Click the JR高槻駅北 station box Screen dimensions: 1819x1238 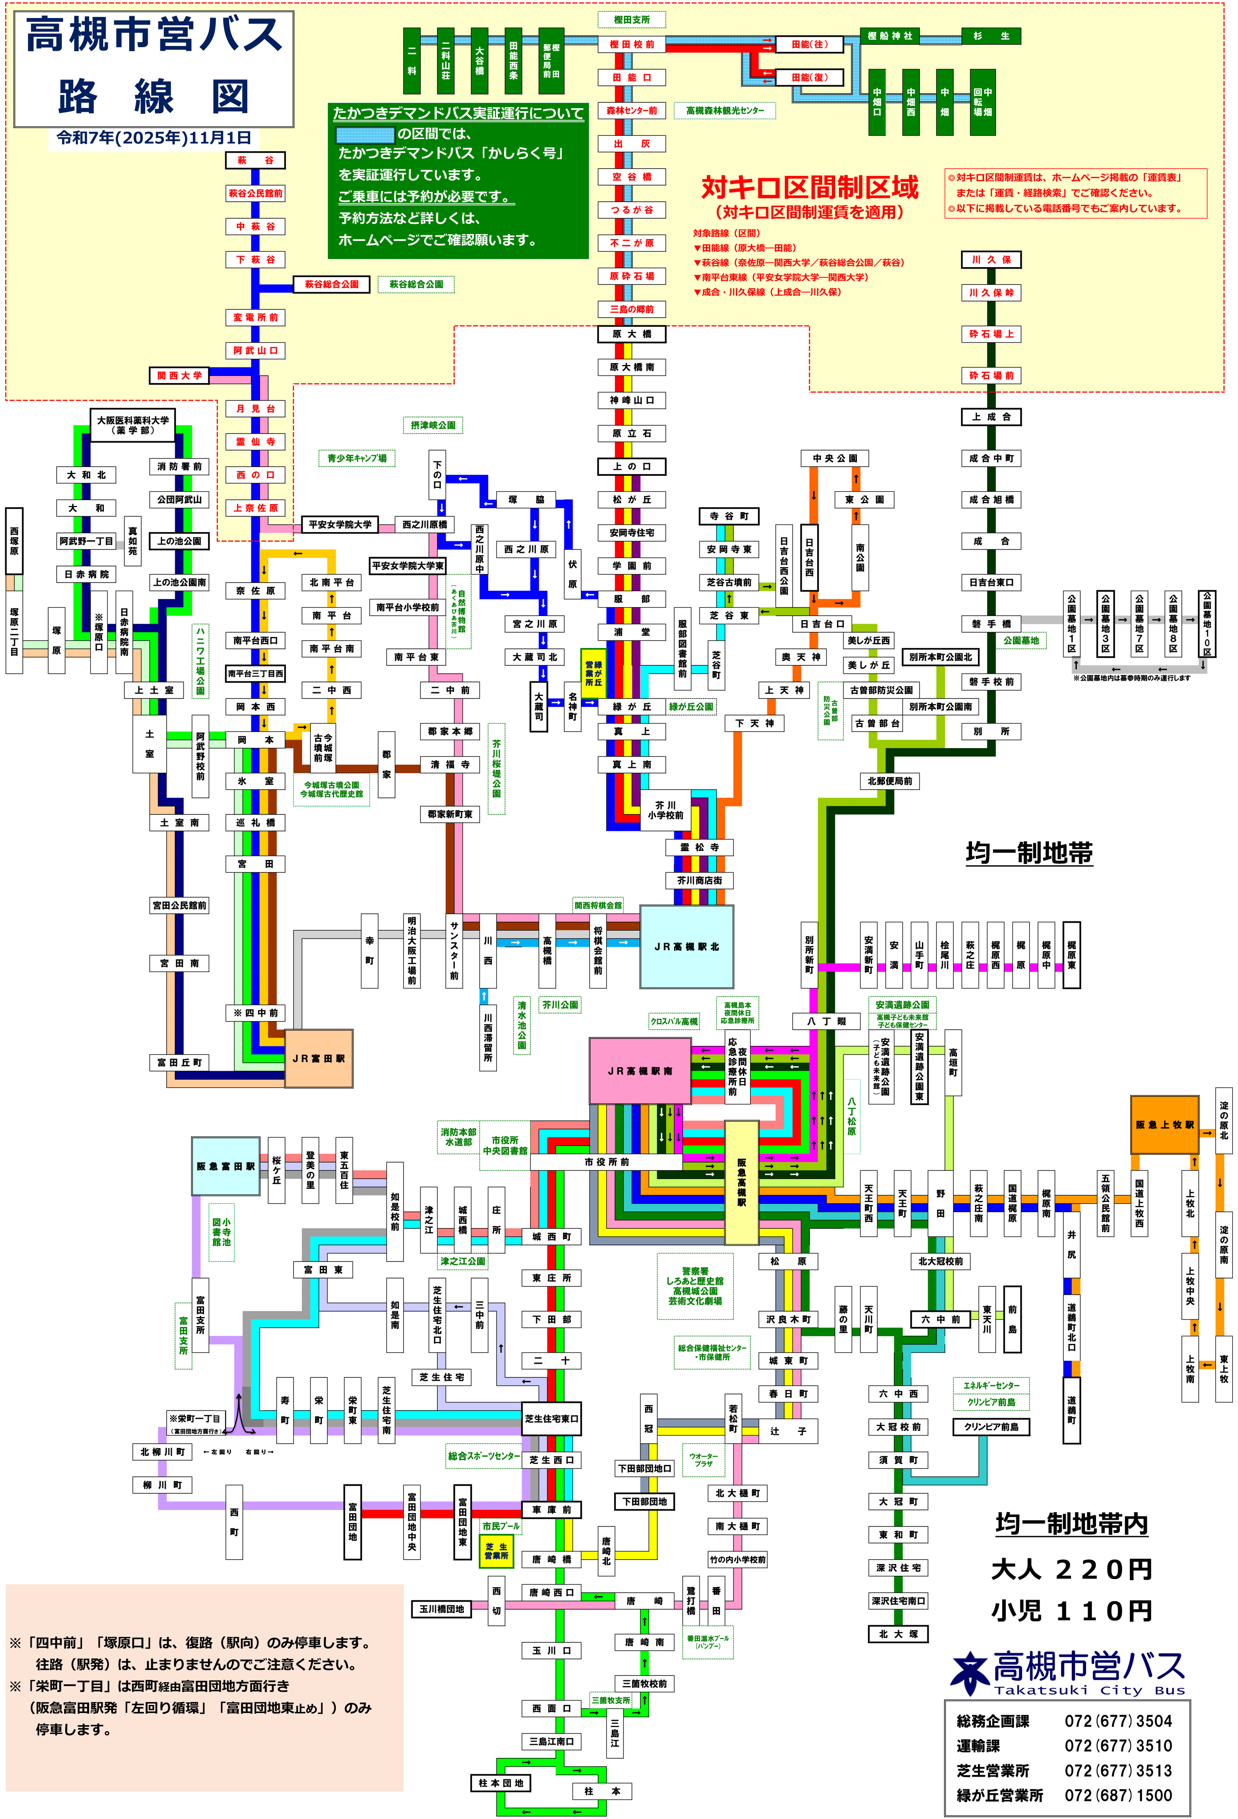tap(686, 946)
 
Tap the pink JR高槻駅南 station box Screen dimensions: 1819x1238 tap(639, 1070)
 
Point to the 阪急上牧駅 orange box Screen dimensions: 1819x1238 tap(1164, 1125)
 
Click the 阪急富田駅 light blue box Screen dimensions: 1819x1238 tap(225, 1166)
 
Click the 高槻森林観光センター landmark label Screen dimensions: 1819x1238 tap(725, 110)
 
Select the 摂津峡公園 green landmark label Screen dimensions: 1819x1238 tap(433, 425)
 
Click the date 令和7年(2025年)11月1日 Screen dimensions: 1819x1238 tap(154, 138)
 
